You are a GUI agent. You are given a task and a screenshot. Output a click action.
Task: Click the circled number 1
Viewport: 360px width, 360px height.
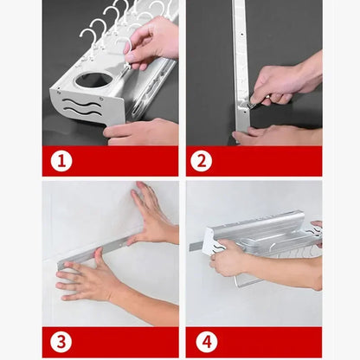coord(61,161)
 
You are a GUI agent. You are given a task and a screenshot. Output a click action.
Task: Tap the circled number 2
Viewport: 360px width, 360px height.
coord(201,161)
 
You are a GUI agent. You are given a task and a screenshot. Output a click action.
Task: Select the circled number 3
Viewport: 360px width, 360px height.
coord(61,342)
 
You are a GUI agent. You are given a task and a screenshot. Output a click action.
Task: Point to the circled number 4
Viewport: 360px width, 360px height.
coord(207,342)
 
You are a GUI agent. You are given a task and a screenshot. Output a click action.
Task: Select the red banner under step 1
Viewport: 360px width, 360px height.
coord(110,161)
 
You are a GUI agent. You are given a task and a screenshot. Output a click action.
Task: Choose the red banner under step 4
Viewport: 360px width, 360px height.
coord(254,343)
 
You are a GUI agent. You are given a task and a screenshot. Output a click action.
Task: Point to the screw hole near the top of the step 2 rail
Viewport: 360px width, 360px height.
coord(241,35)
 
